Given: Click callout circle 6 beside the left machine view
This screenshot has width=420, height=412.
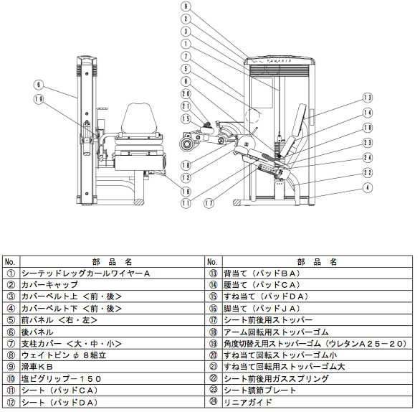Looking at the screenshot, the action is tap(39, 85).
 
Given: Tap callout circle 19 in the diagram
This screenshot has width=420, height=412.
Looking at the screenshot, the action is tap(39, 99).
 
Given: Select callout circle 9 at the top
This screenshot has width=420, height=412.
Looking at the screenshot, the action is tap(186, 6).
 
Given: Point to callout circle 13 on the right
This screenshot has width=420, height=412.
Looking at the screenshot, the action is tap(368, 98).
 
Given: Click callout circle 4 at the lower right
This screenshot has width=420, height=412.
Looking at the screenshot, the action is tap(368, 187).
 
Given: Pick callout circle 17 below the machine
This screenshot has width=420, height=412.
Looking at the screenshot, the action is tap(209, 203).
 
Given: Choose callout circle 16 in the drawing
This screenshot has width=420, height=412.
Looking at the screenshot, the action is tap(186, 191).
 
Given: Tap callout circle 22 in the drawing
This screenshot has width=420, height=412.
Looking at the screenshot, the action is tap(368, 172).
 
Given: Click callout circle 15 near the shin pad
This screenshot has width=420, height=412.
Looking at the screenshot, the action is tap(186, 119).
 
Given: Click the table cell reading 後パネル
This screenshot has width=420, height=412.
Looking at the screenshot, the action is tap(37, 332).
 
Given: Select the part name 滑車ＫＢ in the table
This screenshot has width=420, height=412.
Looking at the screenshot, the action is tap(37, 367).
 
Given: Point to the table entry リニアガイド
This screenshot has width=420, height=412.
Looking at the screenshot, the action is tap(247, 403).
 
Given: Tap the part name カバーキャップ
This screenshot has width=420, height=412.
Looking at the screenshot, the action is tap(49, 285).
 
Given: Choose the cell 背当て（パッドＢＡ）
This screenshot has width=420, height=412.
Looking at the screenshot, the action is tap(262, 273).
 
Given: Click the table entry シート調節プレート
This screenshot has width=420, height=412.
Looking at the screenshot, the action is tap(259, 390).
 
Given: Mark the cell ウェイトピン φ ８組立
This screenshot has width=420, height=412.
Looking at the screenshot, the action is tap(64, 355).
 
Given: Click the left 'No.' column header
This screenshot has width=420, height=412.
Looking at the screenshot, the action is tap(10, 262).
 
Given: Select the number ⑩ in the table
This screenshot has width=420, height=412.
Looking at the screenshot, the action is tap(11, 379).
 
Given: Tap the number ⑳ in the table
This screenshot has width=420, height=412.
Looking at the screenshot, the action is tap(214, 355).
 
